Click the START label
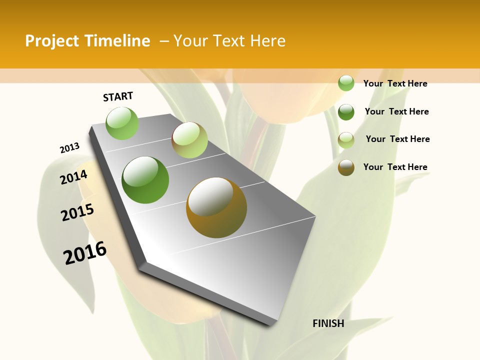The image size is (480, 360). tap(118, 96)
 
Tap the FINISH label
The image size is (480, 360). tap(328, 323)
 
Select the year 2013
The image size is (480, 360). tap(69, 148)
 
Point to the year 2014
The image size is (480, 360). tap(73, 177)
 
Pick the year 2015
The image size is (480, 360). tap(77, 212)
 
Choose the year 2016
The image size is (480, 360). tap(85, 252)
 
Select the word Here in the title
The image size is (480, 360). tap(267, 41)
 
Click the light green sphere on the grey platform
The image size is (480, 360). tap(122, 123)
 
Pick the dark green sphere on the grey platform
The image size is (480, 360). tap(145, 180)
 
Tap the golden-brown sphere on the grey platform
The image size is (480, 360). tap(216, 207)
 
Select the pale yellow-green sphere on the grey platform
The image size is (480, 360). tap(189, 140)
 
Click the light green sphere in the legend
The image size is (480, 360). tap(346, 83)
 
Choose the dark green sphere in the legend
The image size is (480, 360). tap(346, 111)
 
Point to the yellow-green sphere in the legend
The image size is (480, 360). tap(346, 139)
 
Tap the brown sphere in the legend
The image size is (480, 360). tap(346, 167)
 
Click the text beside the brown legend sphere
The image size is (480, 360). tap(395, 167)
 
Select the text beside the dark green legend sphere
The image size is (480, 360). tap(396, 111)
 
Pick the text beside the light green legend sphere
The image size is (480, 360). tap(395, 83)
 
